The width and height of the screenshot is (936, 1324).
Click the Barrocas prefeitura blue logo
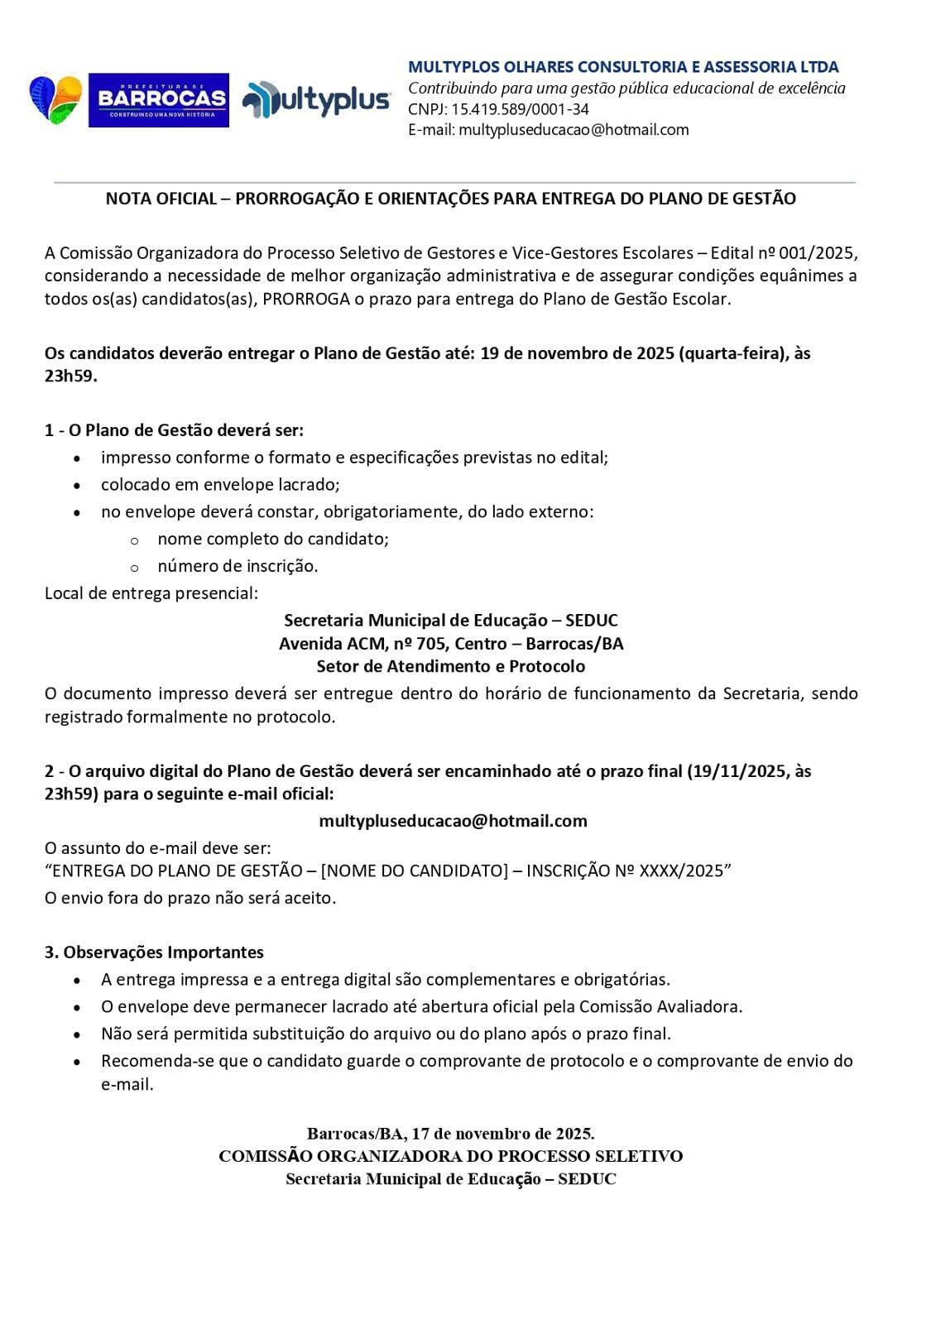[158, 100]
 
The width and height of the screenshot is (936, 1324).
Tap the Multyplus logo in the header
[316, 100]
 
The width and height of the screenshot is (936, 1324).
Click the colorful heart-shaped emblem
[55, 99]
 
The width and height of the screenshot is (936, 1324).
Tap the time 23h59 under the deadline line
[70, 376]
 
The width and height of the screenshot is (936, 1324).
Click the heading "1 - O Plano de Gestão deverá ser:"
[174, 430]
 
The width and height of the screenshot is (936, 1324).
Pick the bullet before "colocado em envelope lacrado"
[78, 486]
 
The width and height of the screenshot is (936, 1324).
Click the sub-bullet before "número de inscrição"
[134, 568]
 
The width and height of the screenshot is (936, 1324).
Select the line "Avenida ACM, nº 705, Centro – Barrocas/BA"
[451, 643]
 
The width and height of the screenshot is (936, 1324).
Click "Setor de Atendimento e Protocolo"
[451, 666]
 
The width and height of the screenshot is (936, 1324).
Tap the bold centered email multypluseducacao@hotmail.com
[453, 821]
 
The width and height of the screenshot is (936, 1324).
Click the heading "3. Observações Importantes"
[154, 952]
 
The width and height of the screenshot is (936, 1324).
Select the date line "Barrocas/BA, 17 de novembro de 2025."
[451, 1133]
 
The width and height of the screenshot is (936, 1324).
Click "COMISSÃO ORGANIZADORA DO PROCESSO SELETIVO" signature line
[451, 1156]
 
